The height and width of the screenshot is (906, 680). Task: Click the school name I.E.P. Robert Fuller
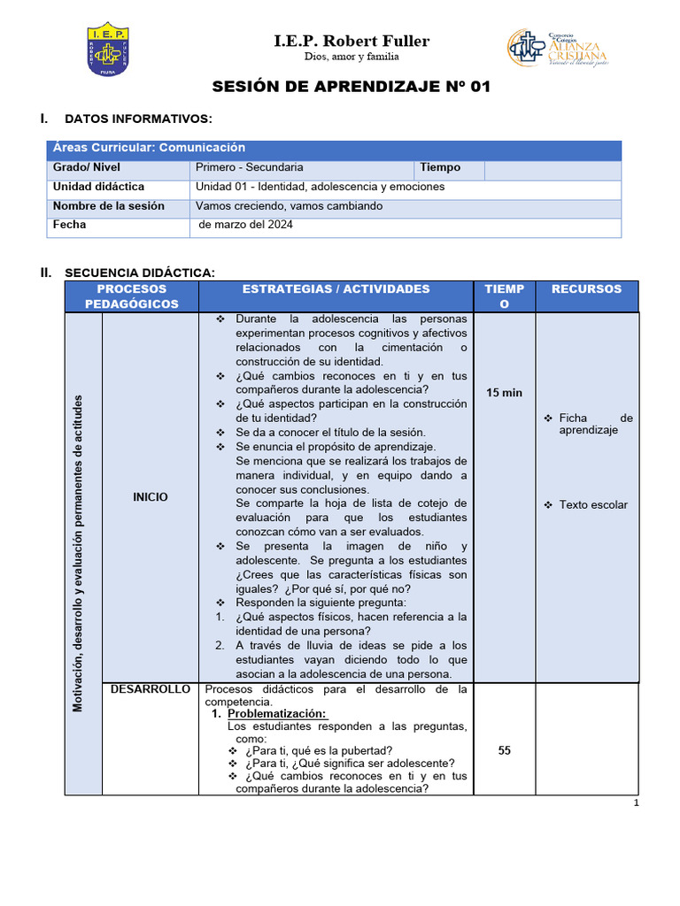click(x=352, y=41)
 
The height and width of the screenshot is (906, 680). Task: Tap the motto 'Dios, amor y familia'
click(x=352, y=57)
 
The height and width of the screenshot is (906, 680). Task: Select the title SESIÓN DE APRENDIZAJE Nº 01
click(x=351, y=87)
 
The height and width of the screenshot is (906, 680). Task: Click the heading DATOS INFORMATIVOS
click(x=138, y=119)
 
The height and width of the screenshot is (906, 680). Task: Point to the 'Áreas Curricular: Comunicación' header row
click(x=149, y=148)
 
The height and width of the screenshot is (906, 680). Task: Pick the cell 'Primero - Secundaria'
click(x=250, y=167)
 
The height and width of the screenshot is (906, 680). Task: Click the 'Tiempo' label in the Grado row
click(x=440, y=167)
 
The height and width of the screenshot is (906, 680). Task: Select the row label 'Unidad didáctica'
click(x=98, y=187)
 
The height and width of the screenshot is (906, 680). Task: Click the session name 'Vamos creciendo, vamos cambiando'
click(x=290, y=206)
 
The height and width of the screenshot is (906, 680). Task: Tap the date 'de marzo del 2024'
click(x=246, y=225)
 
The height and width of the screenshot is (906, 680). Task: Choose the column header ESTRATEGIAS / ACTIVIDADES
click(x=336, y=289)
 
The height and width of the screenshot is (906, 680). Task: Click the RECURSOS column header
click(x=586, y=289)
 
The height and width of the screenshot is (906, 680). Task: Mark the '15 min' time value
click(x=505, y=393)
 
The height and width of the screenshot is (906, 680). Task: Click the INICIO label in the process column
click(x=151, y=497)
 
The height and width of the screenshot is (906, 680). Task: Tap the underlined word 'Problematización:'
click(x=276, y=714)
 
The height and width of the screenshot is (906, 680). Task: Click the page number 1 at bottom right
click(x=636, y=802)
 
